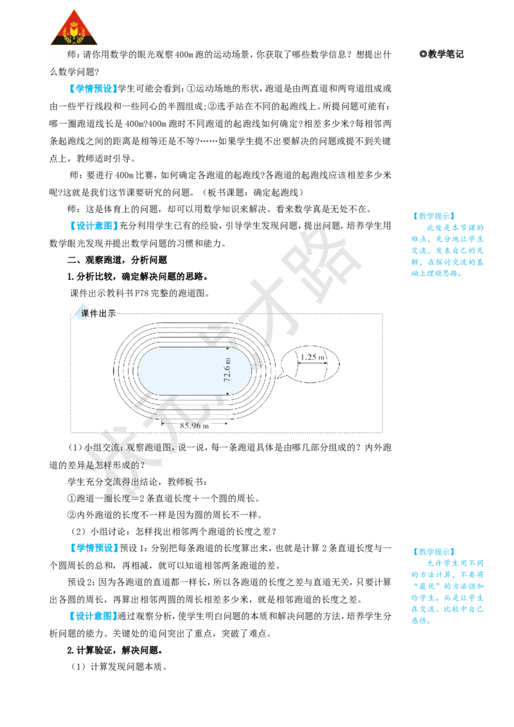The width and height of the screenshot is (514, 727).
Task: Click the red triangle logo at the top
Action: (x=75, y=28)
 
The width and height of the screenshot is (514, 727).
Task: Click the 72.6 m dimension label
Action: (x=227, y=369)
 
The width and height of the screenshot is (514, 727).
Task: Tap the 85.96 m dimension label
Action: (x=195, y=426)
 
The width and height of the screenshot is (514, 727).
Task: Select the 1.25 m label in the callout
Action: (x=312, y=357)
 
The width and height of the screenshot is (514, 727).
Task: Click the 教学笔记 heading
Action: (x=441, y=54)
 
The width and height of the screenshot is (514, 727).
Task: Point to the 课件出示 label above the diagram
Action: (x=98, y=313)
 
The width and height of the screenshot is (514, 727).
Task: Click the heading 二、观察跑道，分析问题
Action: (x=117, y=259)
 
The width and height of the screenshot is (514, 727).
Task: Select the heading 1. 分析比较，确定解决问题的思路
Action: (x=137, y=276)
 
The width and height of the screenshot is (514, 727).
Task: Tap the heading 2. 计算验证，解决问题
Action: (x=114, y=650)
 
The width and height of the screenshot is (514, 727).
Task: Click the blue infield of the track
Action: (x=195, y=371)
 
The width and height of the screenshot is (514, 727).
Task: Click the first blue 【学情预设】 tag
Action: (x=93, y=88)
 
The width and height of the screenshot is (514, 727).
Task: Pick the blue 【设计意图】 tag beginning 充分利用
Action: (x=93, y=226)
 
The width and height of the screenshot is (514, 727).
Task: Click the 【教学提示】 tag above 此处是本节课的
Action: (x=434, y=216)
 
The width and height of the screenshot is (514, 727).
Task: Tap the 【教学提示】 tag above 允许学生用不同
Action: (x=434, y=552)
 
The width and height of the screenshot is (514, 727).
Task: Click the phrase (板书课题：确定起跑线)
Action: (x=253, y=192)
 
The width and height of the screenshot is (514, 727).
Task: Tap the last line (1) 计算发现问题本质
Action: (x=119, y=667)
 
